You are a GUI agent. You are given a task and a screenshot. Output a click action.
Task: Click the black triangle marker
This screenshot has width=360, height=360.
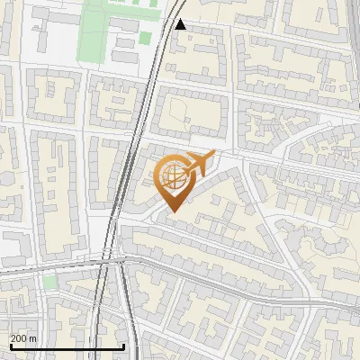(x=181, y=24)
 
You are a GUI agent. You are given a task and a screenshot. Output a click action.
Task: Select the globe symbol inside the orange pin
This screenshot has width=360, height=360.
(x=174, y=176)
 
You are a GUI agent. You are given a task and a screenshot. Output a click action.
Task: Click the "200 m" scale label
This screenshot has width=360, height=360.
(x=23, y=337)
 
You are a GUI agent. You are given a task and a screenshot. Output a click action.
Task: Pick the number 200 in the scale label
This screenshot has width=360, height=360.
(x=19, y=337)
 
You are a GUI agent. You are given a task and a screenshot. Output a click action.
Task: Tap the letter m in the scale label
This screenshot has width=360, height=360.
(x=32, y=337)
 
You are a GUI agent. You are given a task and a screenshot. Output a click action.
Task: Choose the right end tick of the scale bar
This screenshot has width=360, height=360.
(x=123, y=346)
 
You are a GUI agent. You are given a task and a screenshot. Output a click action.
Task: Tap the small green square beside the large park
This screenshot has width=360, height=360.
(x=144, y=39)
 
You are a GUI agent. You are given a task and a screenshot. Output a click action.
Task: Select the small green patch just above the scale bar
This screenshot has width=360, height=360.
(x=49, y=282)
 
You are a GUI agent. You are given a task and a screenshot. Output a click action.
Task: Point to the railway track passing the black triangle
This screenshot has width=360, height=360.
(x=167, y=27)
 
